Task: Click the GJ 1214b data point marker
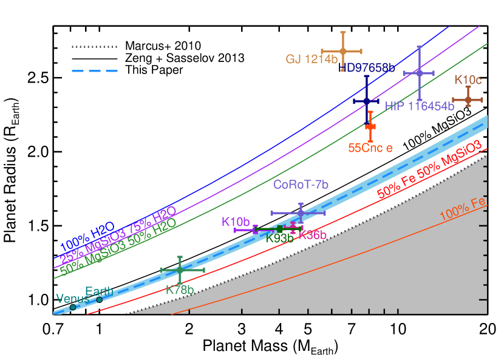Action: tap(342, 50)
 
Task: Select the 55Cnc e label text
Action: tap(370, 148)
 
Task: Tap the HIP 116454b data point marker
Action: tap(419, 72)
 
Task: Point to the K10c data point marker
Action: tap(468, 99)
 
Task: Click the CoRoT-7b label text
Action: tap(301, 185)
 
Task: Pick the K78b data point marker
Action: tap(180, 269)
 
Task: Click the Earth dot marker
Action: tap(100, 299)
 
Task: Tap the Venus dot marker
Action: tap(73, 307)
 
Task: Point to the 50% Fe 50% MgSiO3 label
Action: tap(429, 169)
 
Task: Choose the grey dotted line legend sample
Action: tap(94, 46)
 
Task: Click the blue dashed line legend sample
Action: tap(94, 71)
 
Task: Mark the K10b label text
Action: tap(236, 222)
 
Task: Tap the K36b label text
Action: tap(313, 235)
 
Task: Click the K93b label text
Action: tap(280, 239)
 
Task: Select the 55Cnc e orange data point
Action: tap(370, 126)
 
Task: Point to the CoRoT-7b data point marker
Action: tap(300, 212)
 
